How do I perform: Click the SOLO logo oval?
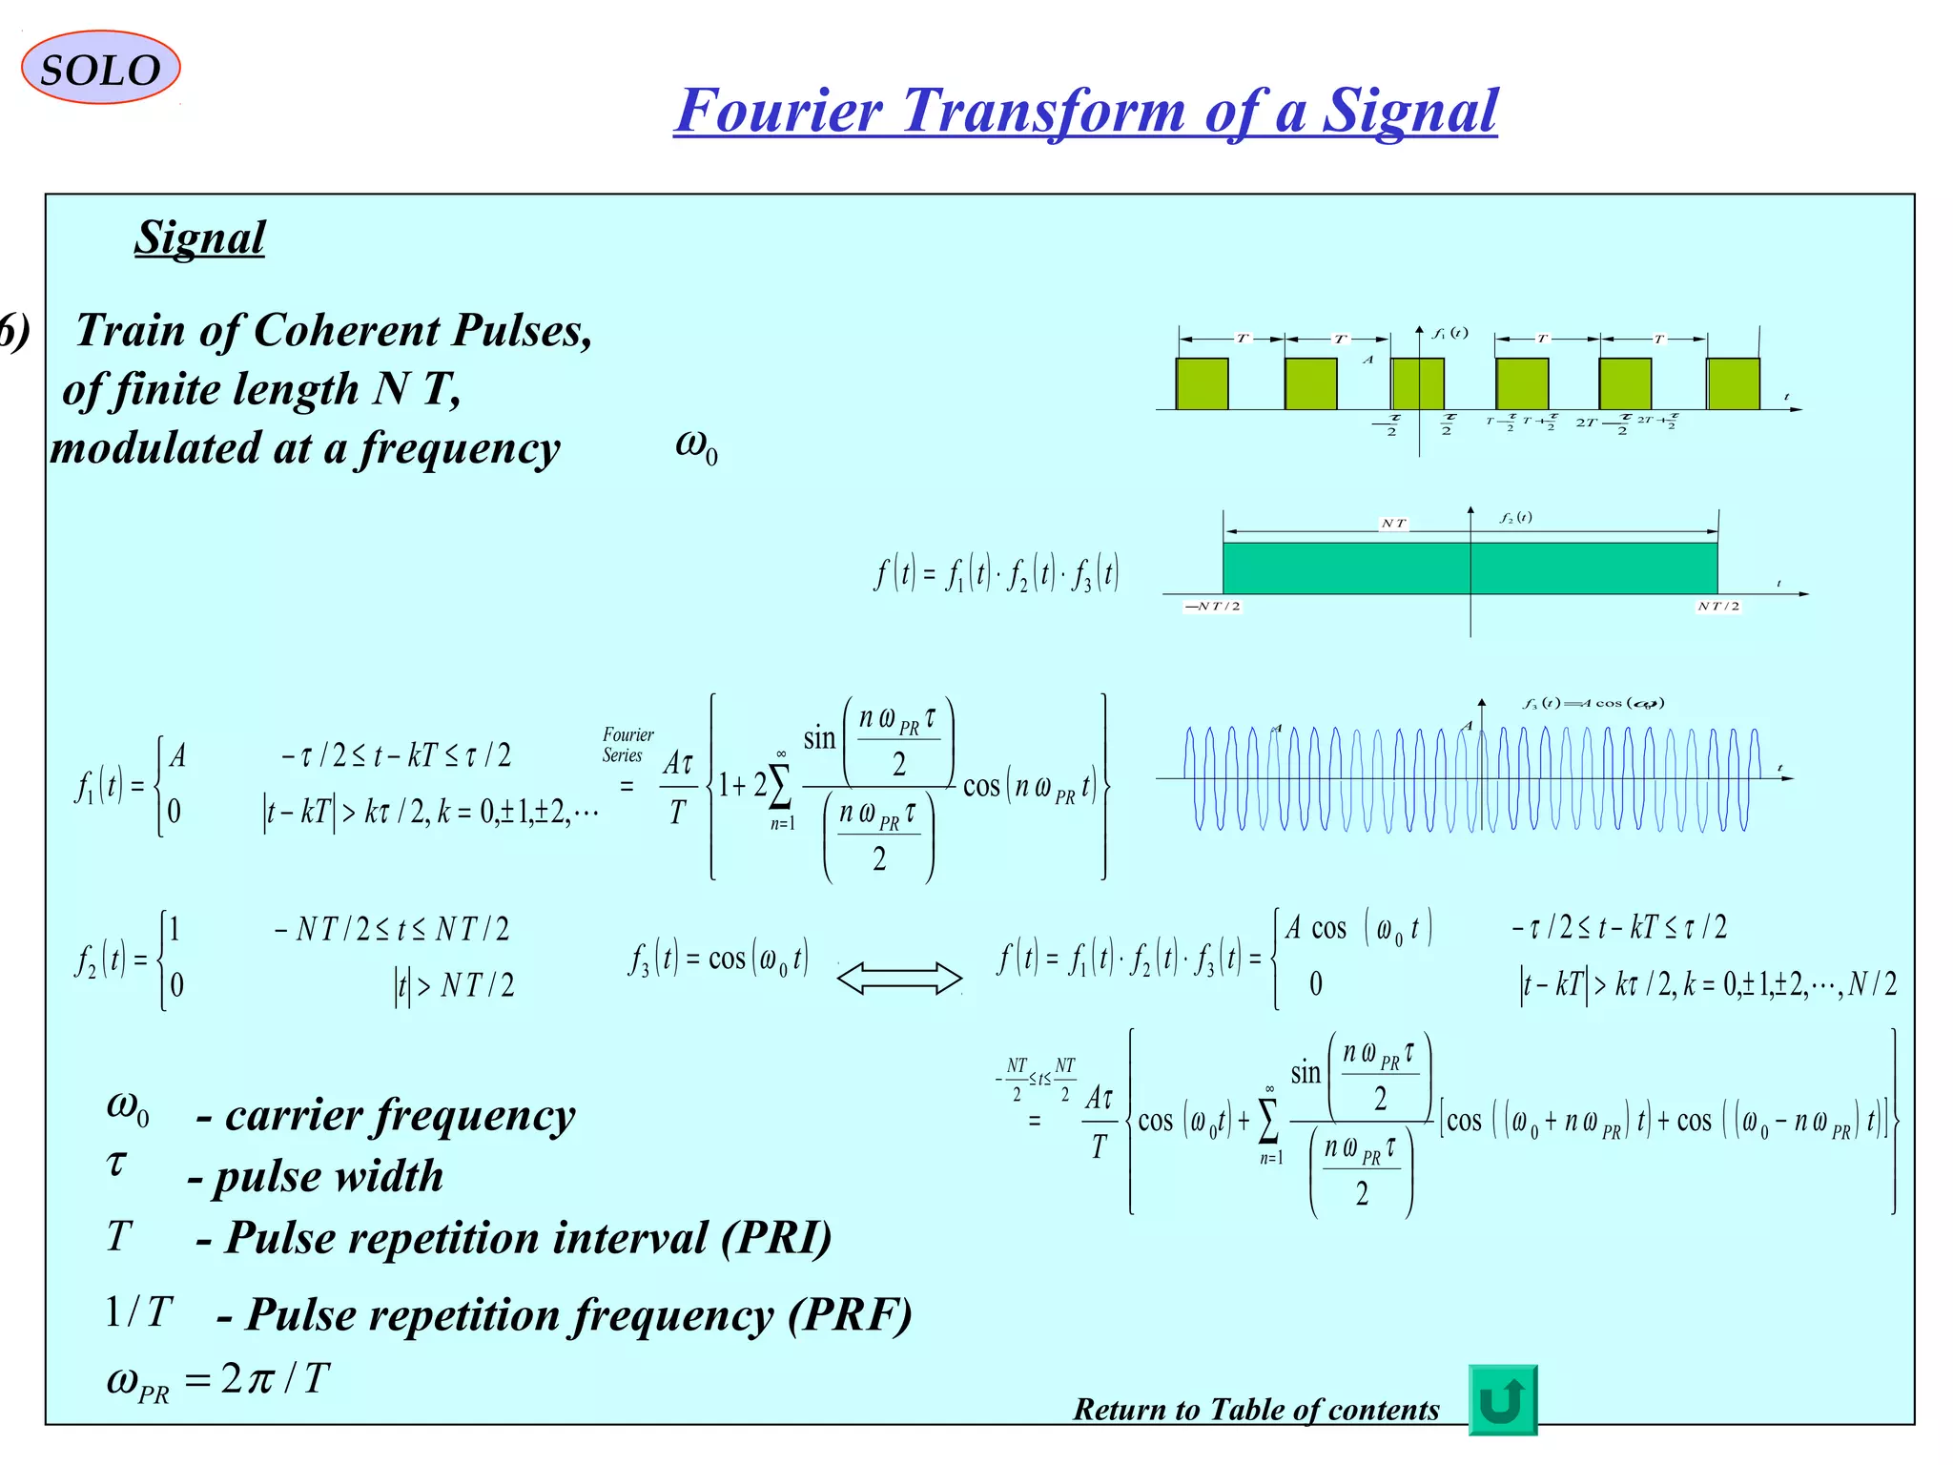100,68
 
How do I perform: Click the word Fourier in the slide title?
778,111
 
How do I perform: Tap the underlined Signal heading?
199,237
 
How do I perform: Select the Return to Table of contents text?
1255,1409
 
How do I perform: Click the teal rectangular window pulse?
1470,568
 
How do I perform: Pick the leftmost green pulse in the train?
1202,383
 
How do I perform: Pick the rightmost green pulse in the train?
1733,383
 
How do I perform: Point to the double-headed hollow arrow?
899,979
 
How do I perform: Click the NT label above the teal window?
1393,523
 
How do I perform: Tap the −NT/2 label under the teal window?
1212,607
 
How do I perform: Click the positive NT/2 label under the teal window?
1718,607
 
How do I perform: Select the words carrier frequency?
400,1115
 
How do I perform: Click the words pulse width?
328,1176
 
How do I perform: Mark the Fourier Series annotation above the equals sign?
627,745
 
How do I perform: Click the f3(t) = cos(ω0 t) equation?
718,958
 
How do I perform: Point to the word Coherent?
350,331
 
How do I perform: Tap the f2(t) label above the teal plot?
1515,518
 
